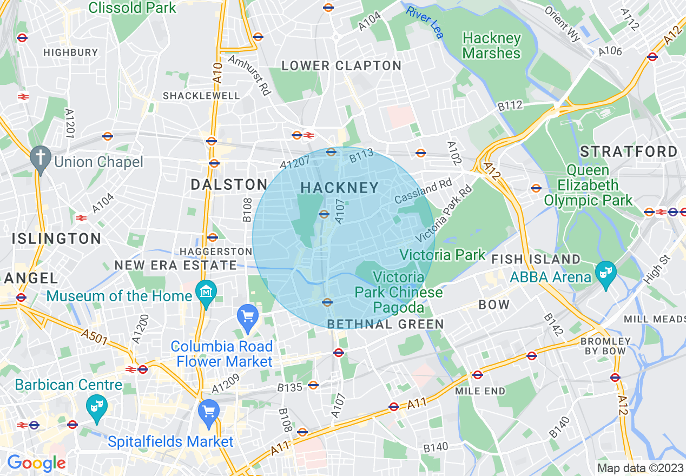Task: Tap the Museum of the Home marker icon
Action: pyautogui.click(x=206, y=292)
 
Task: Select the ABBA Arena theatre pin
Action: pyautogui.click(x=604, y=269)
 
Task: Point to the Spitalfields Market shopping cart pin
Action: pyautogui.click(x=208, y=411)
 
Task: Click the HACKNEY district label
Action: pyautogui.click(x=339, y=188)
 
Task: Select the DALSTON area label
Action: pyautogui.click(x=229, y=184)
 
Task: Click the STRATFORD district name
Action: pyautogui.click(x=629, y=151)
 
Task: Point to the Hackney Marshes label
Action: pyautogui.click(x=491, y=46)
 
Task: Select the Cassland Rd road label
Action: pyautogui.click(x=423, y=192)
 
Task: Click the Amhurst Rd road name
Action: pyautogui.click(x=249, y=76)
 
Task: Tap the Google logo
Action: pyautogui.click(x=36, y=463)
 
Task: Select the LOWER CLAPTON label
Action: pyautogui.click(x=341, y=66)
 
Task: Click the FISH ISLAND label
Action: pyautogui.click(x=536, y=260)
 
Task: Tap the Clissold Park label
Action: pyautogui.click(x=132, y=8)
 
